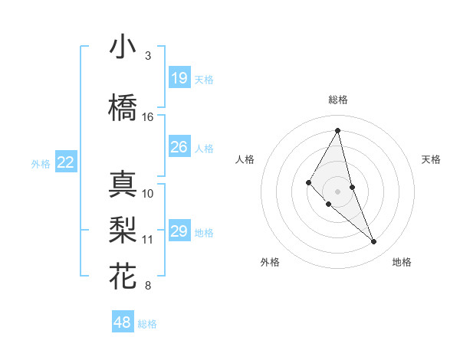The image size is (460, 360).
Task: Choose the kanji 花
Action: pos(123,276)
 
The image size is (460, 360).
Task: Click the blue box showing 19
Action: pos(179,78)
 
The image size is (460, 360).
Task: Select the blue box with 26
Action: pos(179,147)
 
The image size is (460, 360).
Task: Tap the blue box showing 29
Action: pos(179,231)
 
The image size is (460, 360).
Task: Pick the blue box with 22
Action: pos(66,162)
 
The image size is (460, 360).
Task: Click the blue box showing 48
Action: pos(122,322)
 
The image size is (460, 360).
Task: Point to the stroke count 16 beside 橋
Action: pos(148,117)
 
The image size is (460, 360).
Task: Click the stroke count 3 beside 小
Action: pos(148,56)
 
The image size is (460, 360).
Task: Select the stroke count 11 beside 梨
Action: pos(148,240)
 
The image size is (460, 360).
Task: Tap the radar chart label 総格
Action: pos(337,100)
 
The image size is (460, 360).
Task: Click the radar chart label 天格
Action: pos(432,159)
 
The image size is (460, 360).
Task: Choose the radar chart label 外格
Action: pos(270,262)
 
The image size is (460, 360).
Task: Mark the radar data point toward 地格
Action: pos(374,242)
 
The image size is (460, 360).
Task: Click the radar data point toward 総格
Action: pos(337,130)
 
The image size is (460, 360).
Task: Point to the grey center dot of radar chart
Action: pos(337,191)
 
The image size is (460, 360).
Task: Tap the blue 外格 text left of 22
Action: pos(41,163)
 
